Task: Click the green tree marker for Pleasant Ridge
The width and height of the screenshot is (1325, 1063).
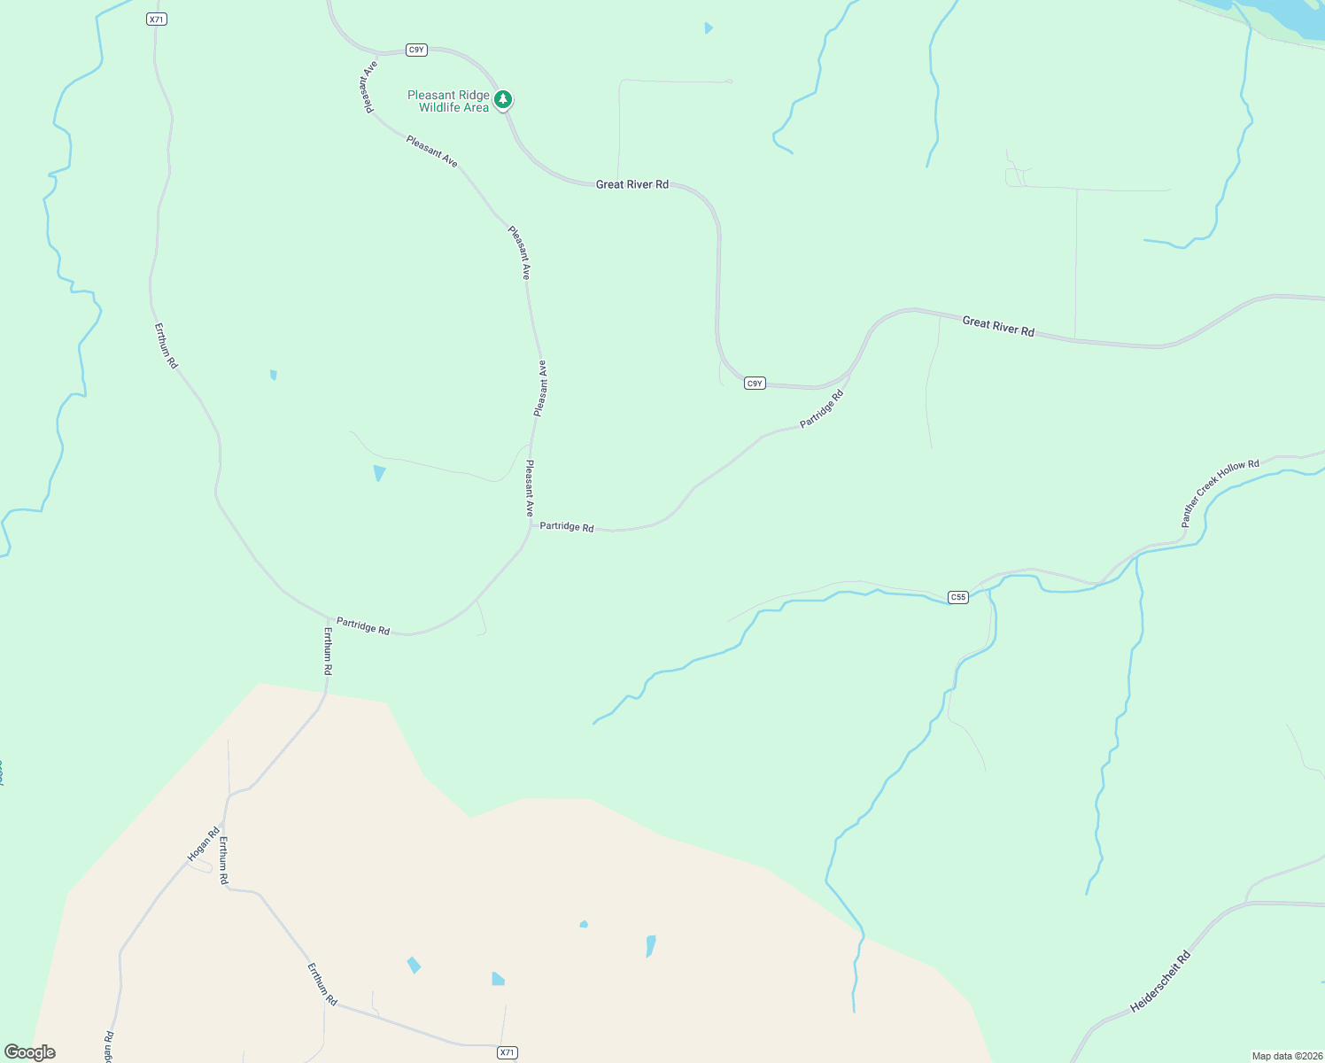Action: coord(503,99)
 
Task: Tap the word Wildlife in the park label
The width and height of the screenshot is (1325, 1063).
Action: coord(441,108)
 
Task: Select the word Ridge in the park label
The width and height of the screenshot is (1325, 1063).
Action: coord(473,95)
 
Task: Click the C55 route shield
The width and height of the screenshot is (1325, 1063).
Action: coord(957,597)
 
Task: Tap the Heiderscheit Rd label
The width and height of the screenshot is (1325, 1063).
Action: coord(1160,982)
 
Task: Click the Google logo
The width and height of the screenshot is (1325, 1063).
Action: coord(29,1052)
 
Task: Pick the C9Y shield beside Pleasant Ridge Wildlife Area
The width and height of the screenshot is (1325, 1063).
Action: coord(416,50)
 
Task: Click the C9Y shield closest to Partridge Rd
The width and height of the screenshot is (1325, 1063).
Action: coord(754,384)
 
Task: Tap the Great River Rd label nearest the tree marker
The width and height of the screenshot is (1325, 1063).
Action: coord(632,184)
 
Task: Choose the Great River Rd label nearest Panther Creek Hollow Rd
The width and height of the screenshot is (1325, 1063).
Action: coord(998,326)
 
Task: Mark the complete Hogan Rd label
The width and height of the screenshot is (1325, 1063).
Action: coord(204,844)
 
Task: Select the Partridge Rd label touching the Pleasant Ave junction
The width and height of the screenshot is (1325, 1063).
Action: coord(567,526)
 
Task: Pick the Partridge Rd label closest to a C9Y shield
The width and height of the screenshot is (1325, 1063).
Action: coord(821,408)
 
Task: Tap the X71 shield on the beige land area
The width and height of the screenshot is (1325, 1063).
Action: coord(506,1052)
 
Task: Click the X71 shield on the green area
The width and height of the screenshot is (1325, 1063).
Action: coord(157,19)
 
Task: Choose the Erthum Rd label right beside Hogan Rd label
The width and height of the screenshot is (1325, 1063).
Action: coord(224,860)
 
